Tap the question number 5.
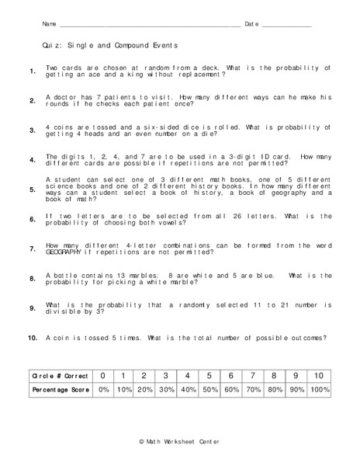tap(32, 190)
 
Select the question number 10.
tap(33, 339)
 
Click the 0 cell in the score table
tap(103, 375)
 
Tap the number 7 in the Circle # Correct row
tap(252, 375)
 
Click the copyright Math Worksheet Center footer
tap(179, 441)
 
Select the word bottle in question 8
tap(65, 275)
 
